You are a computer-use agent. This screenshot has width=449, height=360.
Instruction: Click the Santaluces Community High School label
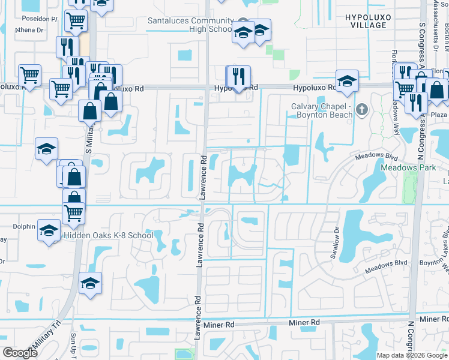click(190, 24)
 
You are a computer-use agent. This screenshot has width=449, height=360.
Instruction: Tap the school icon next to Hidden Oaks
click(49, 230)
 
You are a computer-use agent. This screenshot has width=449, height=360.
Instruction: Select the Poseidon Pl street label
click(37, 19)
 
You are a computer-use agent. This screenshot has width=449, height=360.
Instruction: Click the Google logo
click(20, 353)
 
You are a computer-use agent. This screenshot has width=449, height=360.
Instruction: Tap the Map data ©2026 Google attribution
click(412, 355)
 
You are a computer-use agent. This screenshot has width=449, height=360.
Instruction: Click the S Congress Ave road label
click(423, 45)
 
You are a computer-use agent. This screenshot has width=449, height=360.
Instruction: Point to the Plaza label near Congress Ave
click(439, 115)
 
